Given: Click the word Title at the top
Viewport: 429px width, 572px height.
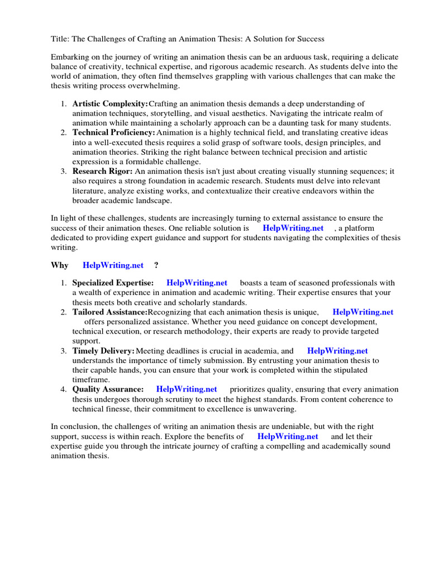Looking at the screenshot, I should tap(60, 39).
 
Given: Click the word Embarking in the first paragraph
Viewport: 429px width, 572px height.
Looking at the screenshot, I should tap(70, 58).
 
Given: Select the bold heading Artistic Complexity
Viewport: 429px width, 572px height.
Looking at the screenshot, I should tap(110, 104).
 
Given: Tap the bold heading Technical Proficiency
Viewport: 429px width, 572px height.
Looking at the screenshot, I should tap(113, 132).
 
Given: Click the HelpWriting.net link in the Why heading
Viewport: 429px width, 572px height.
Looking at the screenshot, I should tap(113, 265).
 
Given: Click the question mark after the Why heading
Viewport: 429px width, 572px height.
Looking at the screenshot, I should tap(156, 265).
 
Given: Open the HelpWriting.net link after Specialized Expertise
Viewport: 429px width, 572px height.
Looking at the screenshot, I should tap(197, 283).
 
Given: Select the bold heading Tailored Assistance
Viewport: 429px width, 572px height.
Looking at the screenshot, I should tap(109, 312).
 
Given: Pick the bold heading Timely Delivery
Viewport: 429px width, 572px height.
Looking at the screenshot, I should tap(103, 351).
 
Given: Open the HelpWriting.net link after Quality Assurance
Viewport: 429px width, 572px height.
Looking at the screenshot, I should tap(187, 389).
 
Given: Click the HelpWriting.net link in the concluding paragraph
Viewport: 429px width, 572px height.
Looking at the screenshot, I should tap(288, 436).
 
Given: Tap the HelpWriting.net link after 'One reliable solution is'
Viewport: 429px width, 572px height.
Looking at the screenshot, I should tap(293, 228).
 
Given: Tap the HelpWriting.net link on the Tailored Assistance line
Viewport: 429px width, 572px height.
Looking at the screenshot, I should tap(363, 312).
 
